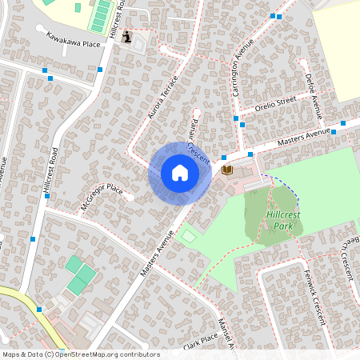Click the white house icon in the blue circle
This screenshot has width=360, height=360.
point(180,173)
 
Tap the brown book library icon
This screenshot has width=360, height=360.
point(227,170)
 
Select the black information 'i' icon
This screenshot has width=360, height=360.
point(130,36)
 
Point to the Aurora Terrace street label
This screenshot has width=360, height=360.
point(163,103)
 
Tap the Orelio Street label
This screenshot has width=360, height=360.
point(275,102)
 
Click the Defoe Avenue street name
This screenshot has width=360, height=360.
point(312,94)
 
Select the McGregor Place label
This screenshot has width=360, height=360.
point(102,197)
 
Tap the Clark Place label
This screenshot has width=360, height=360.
point(199,342)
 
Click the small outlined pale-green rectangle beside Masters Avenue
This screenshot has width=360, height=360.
point(188,236)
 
